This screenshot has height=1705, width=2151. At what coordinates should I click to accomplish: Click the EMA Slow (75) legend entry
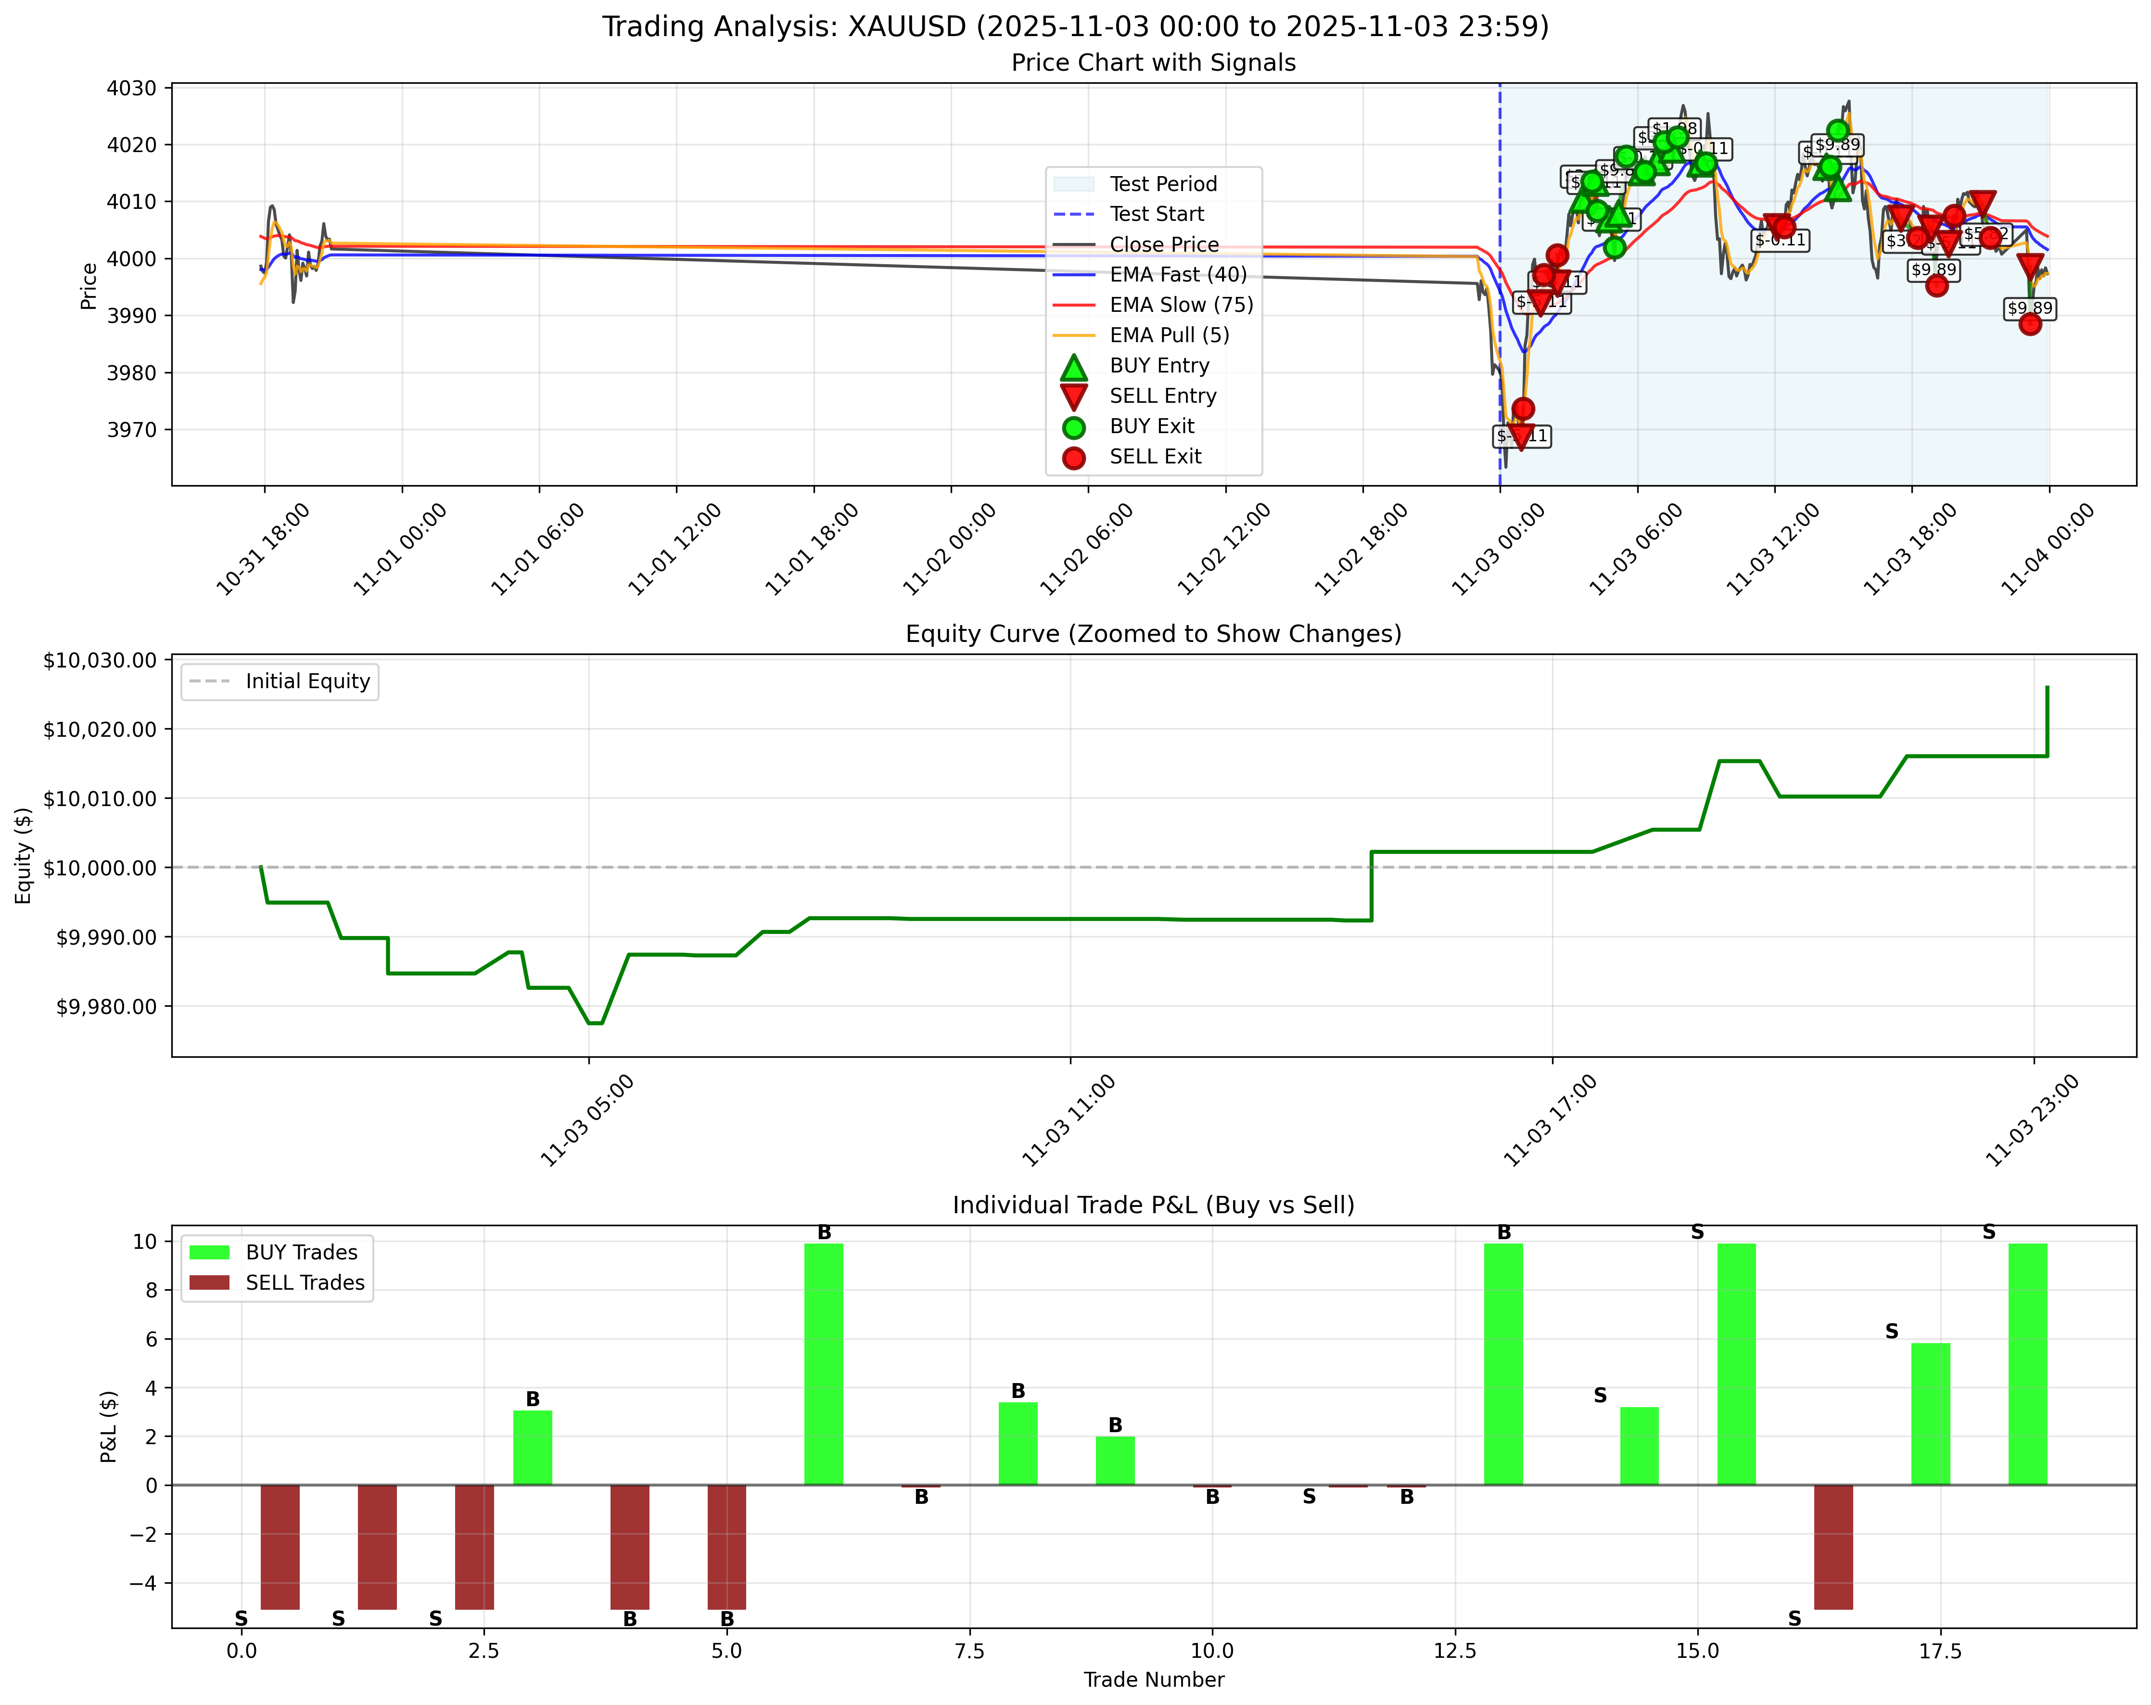coord(1180,305)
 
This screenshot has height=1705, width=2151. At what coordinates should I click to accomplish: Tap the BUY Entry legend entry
coord(1158,366)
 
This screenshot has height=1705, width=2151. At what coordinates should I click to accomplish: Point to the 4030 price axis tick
coord(132,89)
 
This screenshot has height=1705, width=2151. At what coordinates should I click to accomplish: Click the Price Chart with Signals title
coord(1153,63)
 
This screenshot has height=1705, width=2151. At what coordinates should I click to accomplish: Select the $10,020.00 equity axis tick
coord(100,729)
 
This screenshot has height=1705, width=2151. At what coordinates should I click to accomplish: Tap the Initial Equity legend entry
coord(307,681)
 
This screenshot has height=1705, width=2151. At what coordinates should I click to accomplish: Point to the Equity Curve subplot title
coord(1153,635)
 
